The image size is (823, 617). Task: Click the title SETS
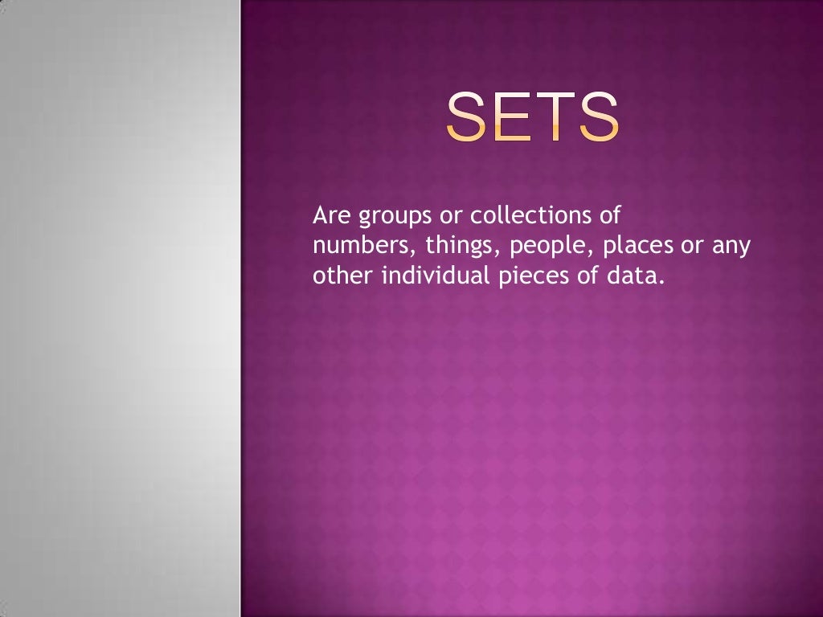pyautogui.click(x=533, y=117)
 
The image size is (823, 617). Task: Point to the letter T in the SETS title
pyautogui.click(x=556, y=117)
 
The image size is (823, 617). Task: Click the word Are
pyautogui.click(x=330, y=216)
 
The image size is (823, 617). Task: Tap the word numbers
pyautogui.click(x=362, y=246)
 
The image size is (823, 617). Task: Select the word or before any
pyautogui.click(x=692, y=247)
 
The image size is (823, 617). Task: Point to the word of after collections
pyautogui.click(x=611, y=216)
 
